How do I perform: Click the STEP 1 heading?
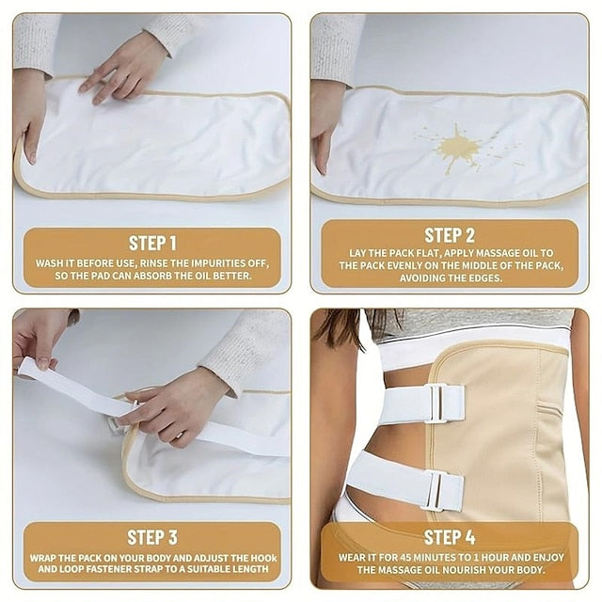click(152, 244)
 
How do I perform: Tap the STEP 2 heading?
click(450, 235)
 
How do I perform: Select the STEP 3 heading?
click(152, 537)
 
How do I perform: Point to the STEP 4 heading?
click(450, 537)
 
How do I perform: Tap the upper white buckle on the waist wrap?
click(439, 404)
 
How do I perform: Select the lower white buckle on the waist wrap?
click(435, 490)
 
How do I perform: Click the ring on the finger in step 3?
click(179, 436)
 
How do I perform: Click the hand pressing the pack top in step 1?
click(123, 71)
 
